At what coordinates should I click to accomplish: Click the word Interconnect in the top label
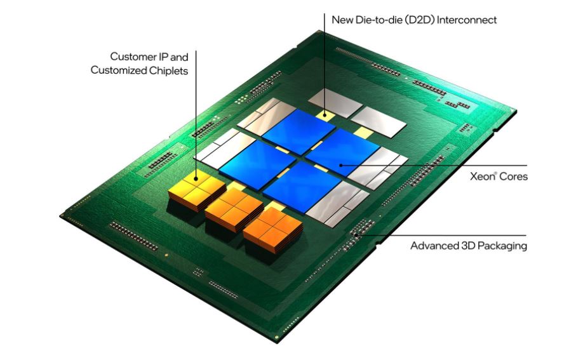pos(467,20)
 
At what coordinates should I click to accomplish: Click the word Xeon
pos(482,177)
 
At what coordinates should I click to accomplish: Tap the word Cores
pos(513,177)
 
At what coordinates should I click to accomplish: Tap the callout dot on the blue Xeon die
pos(340,165)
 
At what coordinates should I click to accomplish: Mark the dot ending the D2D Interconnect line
pos(325,115)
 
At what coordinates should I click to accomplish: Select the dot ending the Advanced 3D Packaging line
pos(356,235)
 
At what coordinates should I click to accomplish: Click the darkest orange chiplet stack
pos(272,230)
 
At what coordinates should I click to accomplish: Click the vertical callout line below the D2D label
pos(325,64)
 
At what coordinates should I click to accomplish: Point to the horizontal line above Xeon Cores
pos(434,165)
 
